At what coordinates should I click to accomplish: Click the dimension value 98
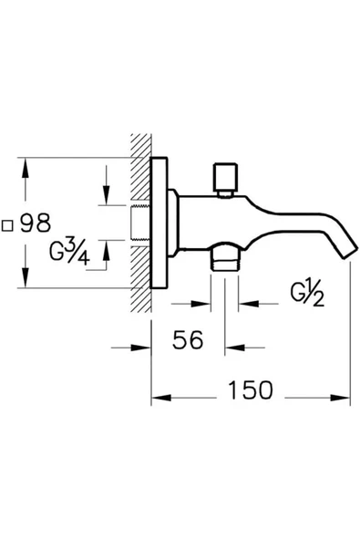pos(36,224)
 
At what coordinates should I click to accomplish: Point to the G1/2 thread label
pos(306,295)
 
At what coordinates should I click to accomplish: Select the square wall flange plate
pos(159,224)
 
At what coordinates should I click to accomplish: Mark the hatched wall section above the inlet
pos(140,173)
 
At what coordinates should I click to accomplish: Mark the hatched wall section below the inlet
pos(140,274)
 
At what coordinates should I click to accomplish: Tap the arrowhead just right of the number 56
pos(232,347)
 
